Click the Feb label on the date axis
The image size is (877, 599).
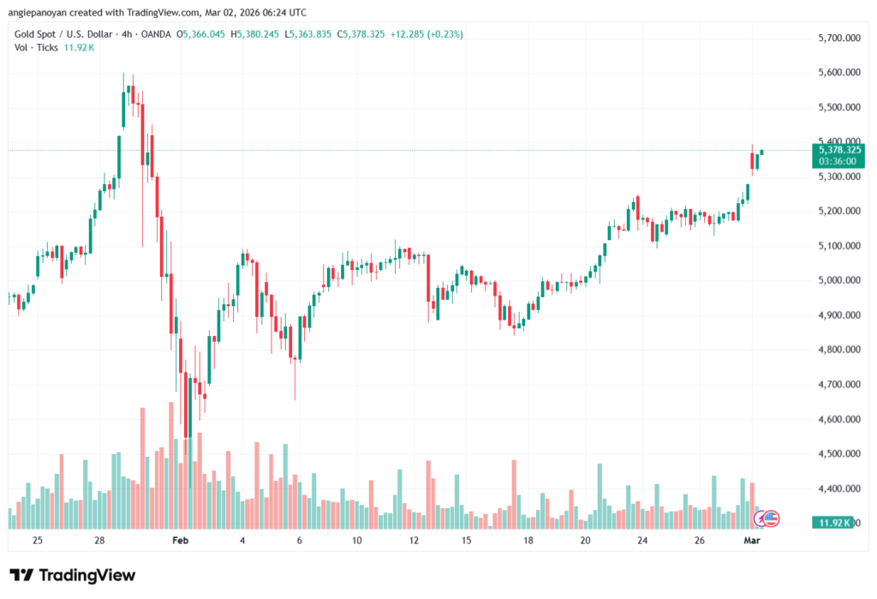(x=179, y=542)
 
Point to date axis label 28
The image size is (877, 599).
(x=100, y=542)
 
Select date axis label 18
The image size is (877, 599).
(x=528, y=542)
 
